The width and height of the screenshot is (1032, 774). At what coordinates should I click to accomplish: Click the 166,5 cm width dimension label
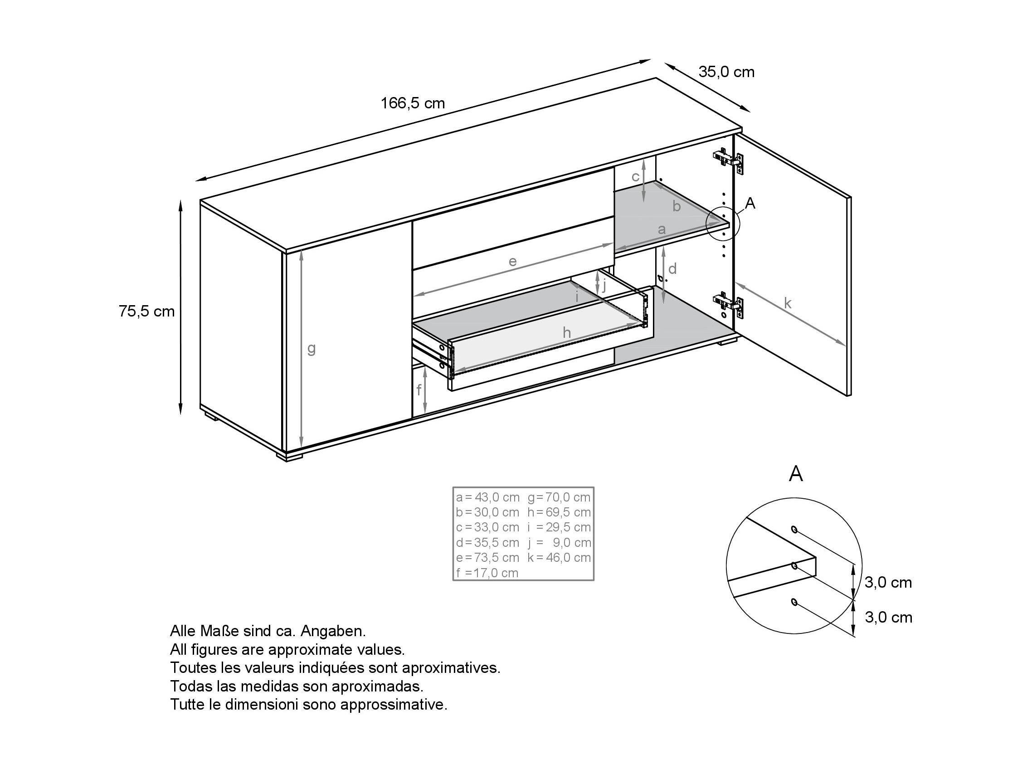coord(413,103)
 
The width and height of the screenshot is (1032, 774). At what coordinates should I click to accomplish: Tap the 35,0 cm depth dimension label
coord(726,72)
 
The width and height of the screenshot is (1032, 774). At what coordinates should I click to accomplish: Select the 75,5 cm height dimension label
coord(146,311)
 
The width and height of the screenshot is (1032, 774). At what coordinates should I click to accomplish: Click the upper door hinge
coord(728,161)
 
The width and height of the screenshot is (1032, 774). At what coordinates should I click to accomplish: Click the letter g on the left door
coord(312,348)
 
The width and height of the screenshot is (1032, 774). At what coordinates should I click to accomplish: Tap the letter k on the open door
coord(788,304)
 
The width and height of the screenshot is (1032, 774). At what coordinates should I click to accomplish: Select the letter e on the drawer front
coord(512,261)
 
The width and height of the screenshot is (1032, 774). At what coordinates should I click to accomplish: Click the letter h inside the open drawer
coord(566,333)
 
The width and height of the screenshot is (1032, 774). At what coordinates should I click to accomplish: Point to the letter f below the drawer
coord(419,389)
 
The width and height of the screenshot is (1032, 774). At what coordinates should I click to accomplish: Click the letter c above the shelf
coord(635,177)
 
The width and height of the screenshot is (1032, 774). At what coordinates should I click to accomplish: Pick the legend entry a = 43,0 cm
coord(487,497)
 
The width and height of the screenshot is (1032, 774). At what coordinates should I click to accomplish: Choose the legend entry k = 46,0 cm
coord(559,558)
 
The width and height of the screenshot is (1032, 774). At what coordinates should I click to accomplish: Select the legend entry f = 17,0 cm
coord(487,573)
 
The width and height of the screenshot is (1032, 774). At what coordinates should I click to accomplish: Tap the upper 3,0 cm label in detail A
coord(888,582)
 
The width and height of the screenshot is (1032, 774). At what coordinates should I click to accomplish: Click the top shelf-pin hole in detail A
coord(794,529)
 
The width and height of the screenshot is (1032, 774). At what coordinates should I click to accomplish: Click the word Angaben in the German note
coord(333,631)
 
